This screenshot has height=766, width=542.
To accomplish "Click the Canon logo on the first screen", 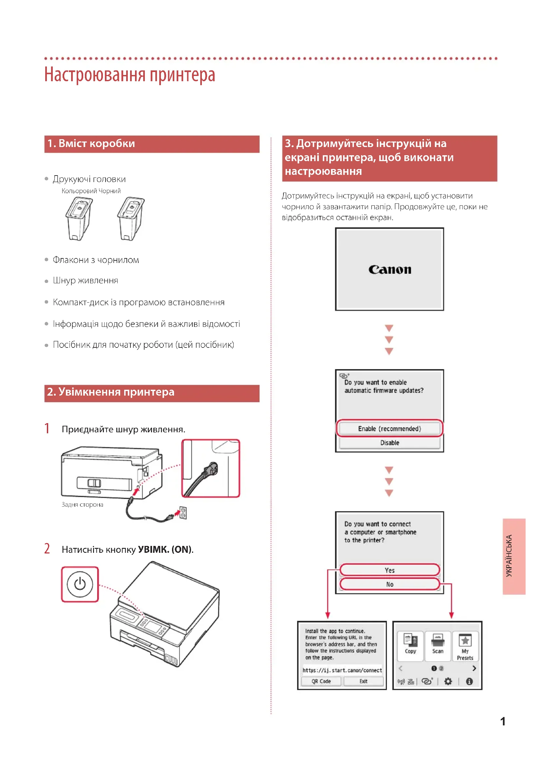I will [x=390, y=270].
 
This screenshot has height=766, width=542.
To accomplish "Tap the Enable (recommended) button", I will [x=390, y=428].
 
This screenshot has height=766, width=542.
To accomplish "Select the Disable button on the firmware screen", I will [x=390, y=443].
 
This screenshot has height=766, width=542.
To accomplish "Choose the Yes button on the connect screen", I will [x=390, y=570].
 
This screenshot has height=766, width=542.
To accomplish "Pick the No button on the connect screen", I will [x=390, y=584].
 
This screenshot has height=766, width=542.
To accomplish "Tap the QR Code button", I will [x=321, y=681].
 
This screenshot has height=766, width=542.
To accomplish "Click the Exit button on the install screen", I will [x=363, y=681].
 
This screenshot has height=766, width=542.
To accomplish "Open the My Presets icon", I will [x=465, y=645].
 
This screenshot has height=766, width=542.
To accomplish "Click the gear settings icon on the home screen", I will [x=448, y=681].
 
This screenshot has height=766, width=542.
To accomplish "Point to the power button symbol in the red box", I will [x=80, y=584].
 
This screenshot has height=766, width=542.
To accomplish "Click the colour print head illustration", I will [x=79, y=218].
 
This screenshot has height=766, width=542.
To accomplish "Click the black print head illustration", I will [x=131, y=218].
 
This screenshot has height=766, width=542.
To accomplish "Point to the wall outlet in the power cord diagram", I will [x=183, y=513].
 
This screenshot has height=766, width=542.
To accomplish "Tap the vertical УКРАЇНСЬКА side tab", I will [x=514, y=556].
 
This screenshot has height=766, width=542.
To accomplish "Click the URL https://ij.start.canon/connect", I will [x=342, y=670].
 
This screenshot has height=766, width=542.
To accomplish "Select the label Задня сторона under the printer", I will [x=83, y=505].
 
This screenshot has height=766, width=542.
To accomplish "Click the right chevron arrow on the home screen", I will [x=474, y=668].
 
